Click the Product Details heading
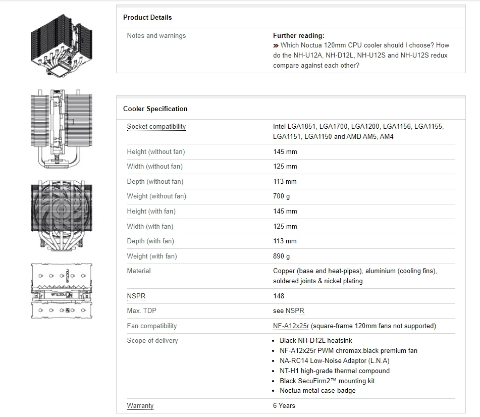[147, 17]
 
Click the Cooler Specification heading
[155, 109]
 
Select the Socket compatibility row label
[156, 127]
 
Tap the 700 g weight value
[281, 196]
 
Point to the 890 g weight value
[281, 256]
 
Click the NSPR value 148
[278, 296]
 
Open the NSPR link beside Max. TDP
[295, 311]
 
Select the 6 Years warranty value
[284, 405]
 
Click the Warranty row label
[140, 405]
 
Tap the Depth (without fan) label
[155, 181]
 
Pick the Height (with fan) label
[151, 211]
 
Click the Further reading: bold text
[298, 36]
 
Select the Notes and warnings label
[156, 36]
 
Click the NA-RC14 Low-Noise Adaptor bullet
[334, 360]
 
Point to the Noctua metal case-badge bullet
[317, 391]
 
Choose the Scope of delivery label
[152, 341]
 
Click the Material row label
[139, 271]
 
